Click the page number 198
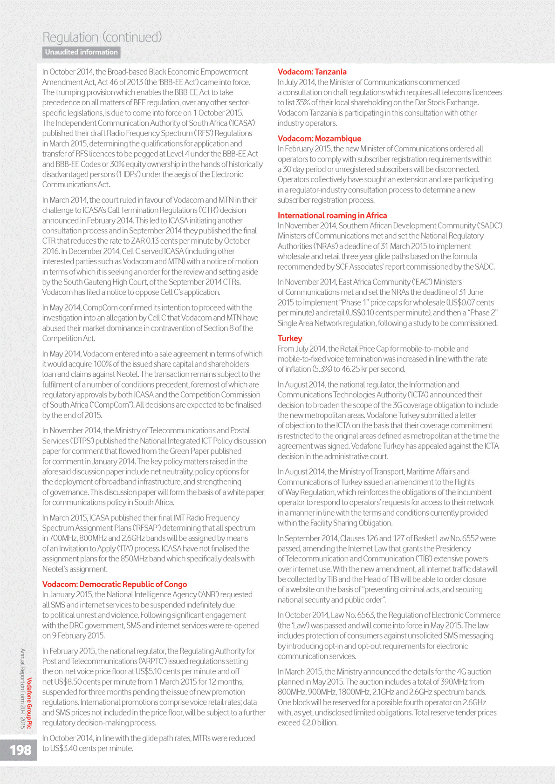click(x=21, y=750)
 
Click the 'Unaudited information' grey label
click(x=82, y=52)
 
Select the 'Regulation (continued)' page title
click(x=102, y=37)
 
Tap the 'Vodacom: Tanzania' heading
click(x=312, y=72)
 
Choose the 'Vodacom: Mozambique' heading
click(x=319, y=138)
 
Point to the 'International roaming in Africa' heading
click(x=332, y=215)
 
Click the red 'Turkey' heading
click(x=290, y=338)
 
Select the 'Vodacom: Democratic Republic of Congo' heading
click(x=115, y=584)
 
